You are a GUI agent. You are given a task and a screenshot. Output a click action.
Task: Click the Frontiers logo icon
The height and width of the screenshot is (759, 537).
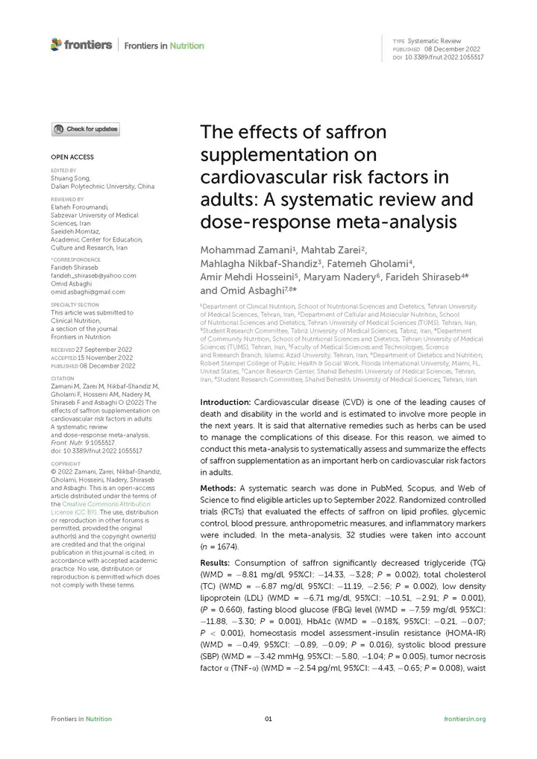[x=56, y=45]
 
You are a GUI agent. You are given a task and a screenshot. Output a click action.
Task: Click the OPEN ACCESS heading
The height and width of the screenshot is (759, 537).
[x=72, y=157]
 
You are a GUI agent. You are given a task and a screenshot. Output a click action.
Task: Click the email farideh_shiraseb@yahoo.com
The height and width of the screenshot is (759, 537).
[x=93, y=275]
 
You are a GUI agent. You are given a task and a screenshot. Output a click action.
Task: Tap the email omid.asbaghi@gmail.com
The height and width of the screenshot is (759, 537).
[x=88, y=292]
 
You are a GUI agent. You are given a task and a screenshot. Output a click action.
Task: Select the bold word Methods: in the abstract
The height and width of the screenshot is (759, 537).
[x=218, y=487]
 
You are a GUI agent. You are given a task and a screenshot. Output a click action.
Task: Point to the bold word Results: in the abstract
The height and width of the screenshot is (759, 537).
[x=216, y=561]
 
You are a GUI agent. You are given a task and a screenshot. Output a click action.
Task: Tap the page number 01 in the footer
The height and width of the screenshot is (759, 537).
[x=268, y=719]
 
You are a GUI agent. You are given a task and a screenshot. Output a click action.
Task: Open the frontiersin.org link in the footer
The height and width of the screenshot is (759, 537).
[x=465, y=719]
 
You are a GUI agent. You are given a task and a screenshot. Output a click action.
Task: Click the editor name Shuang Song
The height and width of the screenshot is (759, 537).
[x=70, y=178]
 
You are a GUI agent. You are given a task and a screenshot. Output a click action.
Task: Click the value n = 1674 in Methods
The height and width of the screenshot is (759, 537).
[x=219, y=547]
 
